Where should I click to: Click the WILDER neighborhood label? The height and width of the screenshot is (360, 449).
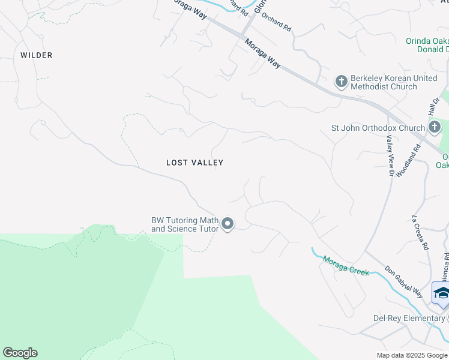pyautogui.click(x=37, y=55)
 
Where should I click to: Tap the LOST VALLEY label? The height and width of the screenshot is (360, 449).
pyautogui.click(x=194, y=163)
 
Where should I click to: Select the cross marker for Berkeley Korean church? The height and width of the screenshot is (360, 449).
pyautogui.click(x=341, y=81)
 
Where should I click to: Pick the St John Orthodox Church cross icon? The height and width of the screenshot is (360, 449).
pyautogui.click(x=434, y=127)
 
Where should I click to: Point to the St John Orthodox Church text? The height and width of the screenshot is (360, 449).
pyautogui.click(x=378, y=128)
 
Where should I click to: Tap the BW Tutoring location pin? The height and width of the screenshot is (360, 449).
pyautogui.click(x=228, y=224)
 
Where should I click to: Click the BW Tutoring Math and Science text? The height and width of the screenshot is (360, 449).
pyautogui.click(x=184, y=224)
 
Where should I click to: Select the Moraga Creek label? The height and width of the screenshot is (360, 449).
pyautogui.click(x=346, y=265)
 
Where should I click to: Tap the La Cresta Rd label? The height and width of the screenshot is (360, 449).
pyautogui.click(x=420, y=233)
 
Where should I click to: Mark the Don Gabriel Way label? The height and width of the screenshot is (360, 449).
pyautogui.click(x=403, y=281)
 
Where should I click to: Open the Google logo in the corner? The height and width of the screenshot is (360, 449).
pyautogui.click(x=20, y=353)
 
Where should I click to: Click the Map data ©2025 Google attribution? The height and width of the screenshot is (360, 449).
pyautogui.click(x=412, y=355)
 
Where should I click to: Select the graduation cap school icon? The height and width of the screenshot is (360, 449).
pyautogui.click(x=441, y=293)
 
